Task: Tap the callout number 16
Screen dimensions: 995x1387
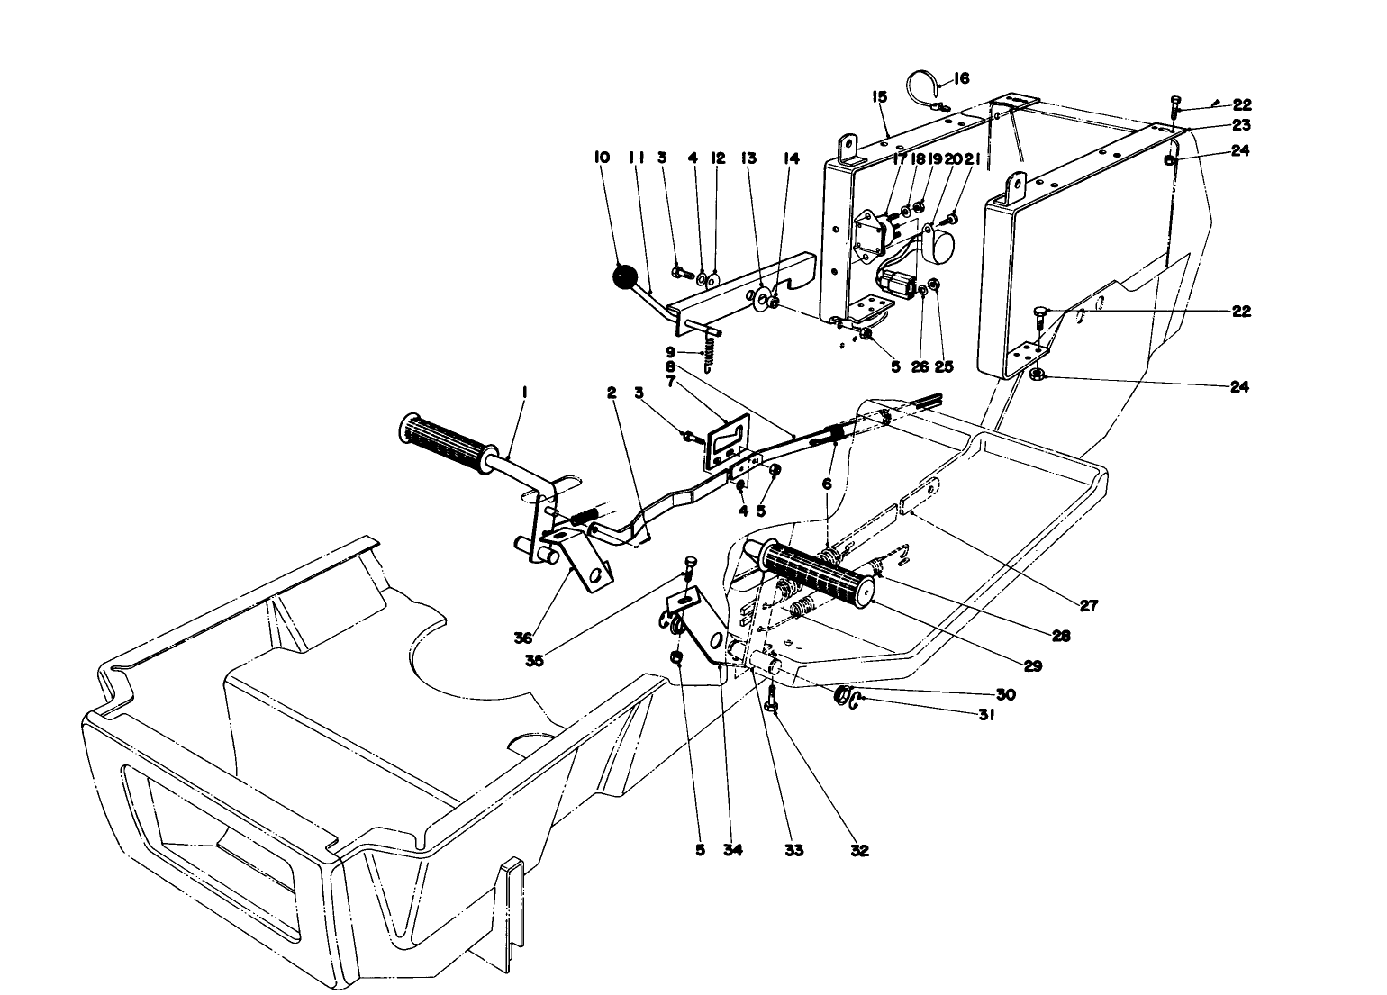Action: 960,79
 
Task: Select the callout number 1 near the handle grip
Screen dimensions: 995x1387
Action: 525,393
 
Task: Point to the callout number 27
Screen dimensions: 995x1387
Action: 1089,606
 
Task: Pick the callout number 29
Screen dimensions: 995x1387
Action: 1032,665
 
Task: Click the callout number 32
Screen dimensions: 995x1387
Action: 859,850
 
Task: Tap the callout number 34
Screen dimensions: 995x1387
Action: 733,850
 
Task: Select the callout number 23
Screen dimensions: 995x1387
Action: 1241,125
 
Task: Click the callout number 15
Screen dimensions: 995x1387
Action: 879,96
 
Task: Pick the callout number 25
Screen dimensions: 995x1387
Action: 944,367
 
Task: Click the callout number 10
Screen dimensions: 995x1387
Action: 602,158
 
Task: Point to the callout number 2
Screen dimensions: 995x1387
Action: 612,393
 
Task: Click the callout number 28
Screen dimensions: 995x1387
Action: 1061,636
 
